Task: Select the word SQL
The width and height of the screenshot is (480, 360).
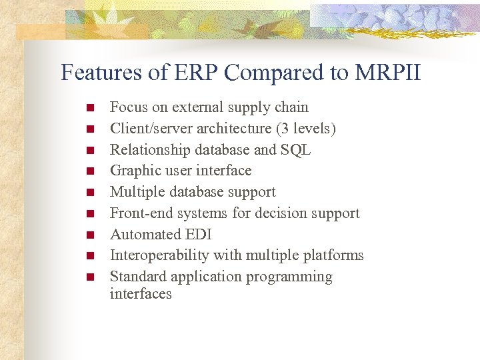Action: tap(296, 149)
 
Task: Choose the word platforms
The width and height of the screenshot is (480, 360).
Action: tap(335, 255)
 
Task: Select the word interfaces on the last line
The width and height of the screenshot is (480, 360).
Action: tap(141, 294)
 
